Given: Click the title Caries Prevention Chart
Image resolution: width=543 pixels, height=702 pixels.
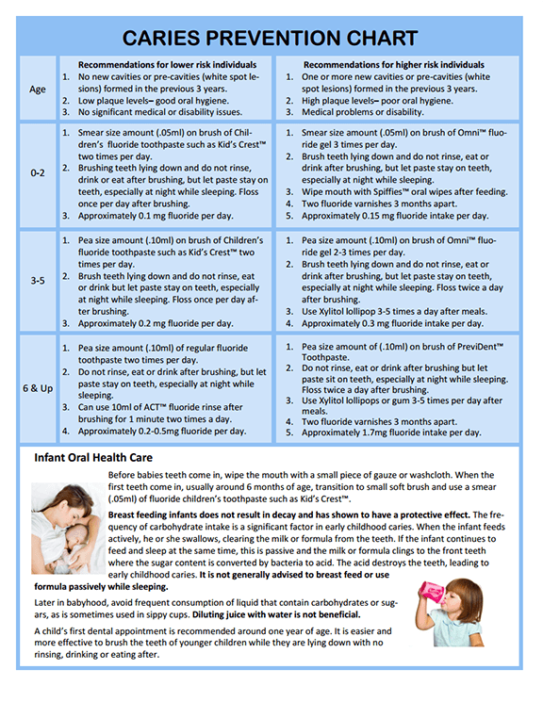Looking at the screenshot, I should point(271,39).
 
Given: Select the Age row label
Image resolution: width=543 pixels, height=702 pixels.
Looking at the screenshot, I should point(37,90).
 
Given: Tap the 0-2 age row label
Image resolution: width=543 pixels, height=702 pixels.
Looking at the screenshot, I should point(37,174).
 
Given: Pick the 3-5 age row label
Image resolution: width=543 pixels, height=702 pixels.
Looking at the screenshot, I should point(37,281).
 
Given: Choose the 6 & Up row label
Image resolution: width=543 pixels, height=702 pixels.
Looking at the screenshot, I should point(37,388).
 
